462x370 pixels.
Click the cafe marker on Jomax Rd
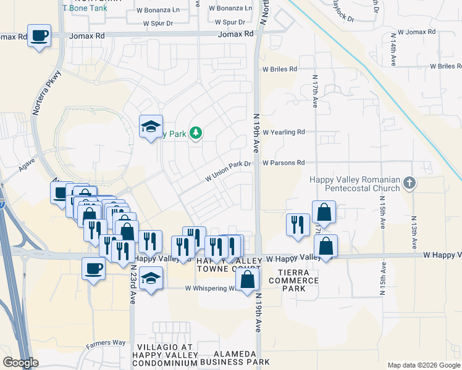(x=40, y=35)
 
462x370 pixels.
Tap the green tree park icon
(x=196, y=133)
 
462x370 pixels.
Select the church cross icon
(x=409, y=183)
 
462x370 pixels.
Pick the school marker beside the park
(x=151, y=126)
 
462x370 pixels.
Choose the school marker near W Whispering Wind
(x=151, y=277)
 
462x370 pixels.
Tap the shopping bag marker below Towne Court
(x=247, y=279)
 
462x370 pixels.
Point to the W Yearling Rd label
(x=284, y=132)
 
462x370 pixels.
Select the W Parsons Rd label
(x=284, y=163)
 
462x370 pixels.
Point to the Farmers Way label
(x=106, y=343)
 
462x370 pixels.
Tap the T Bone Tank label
(x=85, y=7)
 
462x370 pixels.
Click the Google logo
(x=20, y=363)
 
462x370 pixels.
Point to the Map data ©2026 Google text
(x=423, y=365)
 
